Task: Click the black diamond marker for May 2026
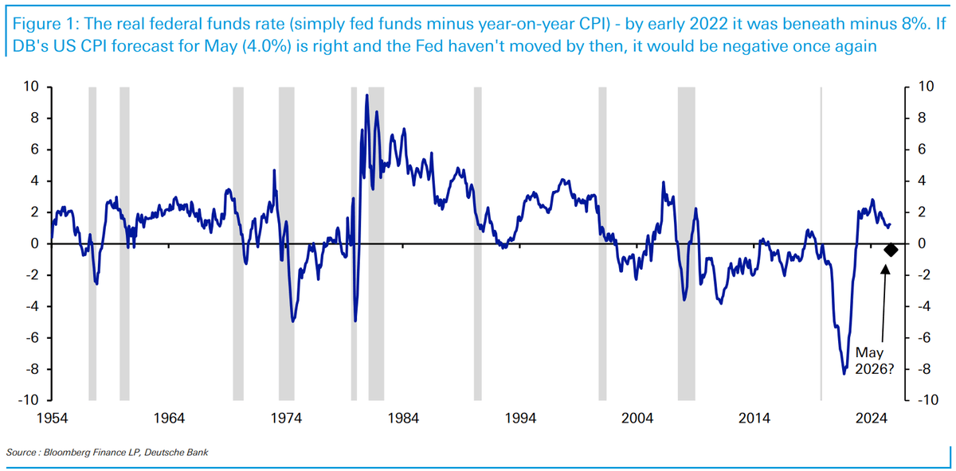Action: click(891, 250)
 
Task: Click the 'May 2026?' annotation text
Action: click(873, 360)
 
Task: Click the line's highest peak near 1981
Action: click(366, 95)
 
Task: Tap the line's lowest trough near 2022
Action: click(844, 373)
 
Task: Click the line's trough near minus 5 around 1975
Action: click(293, 321)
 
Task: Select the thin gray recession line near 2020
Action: click(821, 239)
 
